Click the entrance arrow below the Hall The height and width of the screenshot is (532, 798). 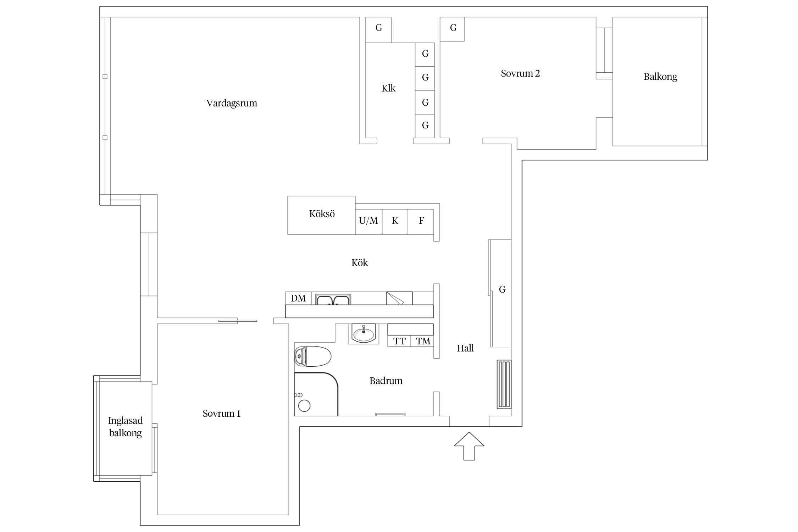pyautogui.click(x=469, y=446)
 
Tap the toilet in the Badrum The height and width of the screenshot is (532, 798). pyautogui.click(x=312, y=356)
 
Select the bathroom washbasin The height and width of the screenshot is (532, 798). pyautogui.click(x=363, y=334)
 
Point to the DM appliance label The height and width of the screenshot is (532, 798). pyautogui.click(x=298, y=298)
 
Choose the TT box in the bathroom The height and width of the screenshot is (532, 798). pyautogui.click(x=399, y=341)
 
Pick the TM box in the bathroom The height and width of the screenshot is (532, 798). pyautogui.click(x=422, y=341)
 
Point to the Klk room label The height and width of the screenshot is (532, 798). pyautogui.click(x=388, y=88)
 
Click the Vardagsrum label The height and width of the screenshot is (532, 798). pyautogui.click(x=232, y=103)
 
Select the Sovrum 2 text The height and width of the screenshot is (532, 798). pyautogui.click(x=520, y=73)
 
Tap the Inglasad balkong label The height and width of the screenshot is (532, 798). pyautogui.click(x=126, y=427)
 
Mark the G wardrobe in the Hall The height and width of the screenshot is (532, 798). pyautogui.click(x=501, y=293)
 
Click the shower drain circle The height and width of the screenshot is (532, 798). pyautogui.click(x=304, y=406)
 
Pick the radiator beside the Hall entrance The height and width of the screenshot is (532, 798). pyautogui.click(x=504, y=384)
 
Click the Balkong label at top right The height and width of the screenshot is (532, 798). pyautogui.click(x=660, y=77)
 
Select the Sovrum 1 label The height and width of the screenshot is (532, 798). pyautogui.click(x=222, y=414)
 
